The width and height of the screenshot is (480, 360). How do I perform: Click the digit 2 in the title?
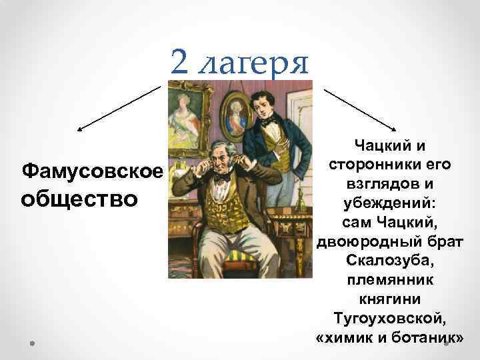tap(180, 63)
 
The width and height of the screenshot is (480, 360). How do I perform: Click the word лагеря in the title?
tap(255, 64)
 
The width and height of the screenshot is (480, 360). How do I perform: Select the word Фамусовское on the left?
tap(93, 171)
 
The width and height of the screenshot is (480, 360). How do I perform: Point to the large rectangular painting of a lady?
tap(185, 117)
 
